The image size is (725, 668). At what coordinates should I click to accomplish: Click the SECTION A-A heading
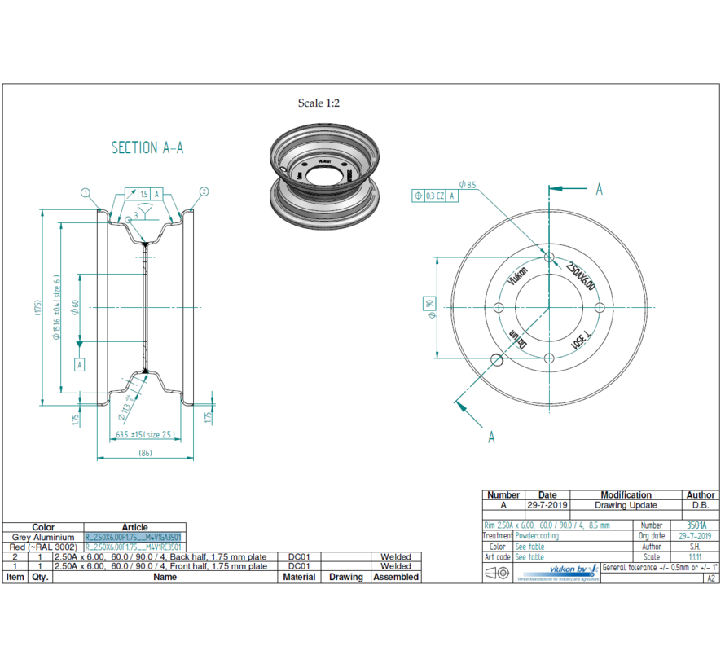click(147, 147)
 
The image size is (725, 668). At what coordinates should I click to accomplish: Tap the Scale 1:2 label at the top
click(319, 103)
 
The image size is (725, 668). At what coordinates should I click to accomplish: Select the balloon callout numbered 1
click(85, 192)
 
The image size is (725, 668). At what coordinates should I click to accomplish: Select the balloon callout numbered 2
click(204, 192)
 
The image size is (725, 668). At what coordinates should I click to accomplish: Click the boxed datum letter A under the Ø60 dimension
click(80, 364)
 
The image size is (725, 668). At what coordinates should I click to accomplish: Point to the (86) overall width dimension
click(145, 453)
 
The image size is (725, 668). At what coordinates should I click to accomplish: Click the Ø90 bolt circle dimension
click(428, 307)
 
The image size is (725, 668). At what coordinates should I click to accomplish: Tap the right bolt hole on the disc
click(600, 307)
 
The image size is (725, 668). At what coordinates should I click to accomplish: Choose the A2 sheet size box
click(710, 578)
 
